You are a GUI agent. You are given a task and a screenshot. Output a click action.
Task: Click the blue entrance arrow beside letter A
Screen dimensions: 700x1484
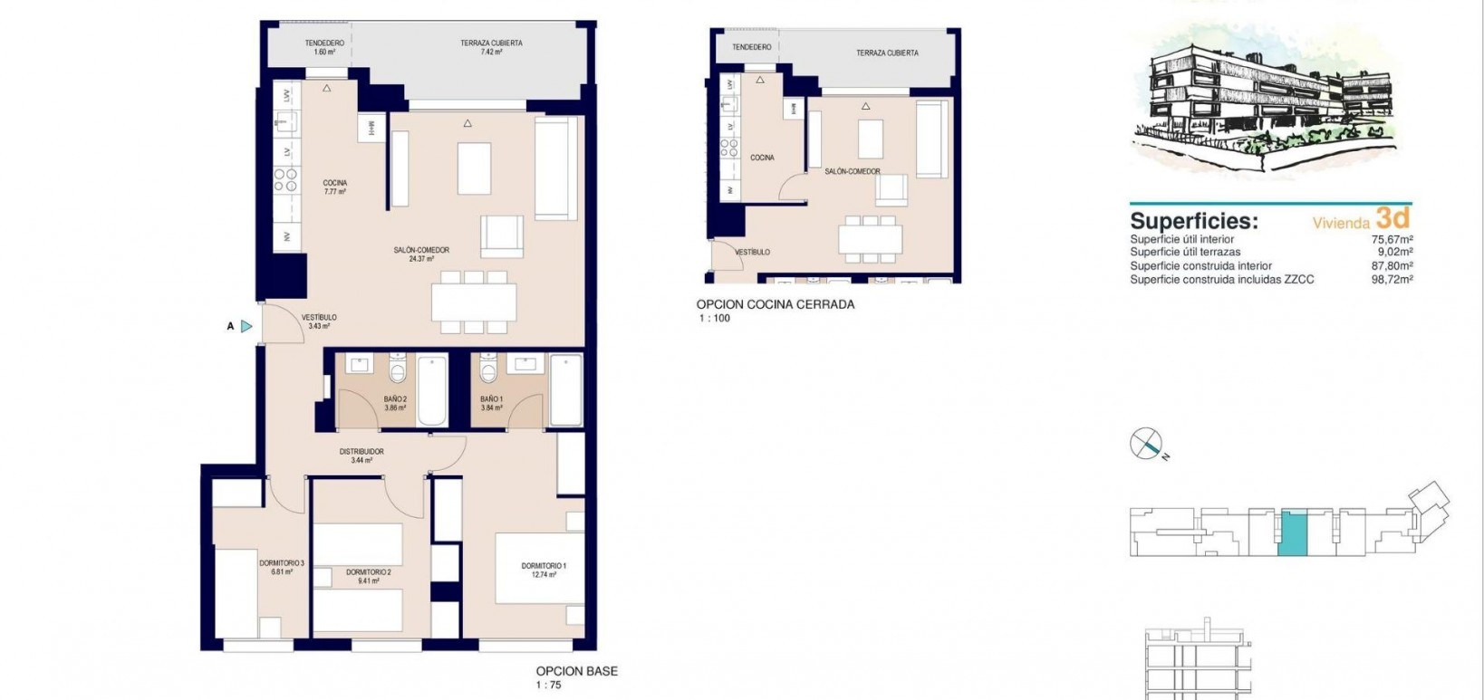pyautogui.click(x=246, y=326)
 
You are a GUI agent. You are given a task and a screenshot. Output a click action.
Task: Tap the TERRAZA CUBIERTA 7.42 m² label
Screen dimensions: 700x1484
pyautogui.click(x=491, y=47)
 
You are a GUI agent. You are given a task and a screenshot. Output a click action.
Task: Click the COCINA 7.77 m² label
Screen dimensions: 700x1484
pyautogui.click(x=335, y=187)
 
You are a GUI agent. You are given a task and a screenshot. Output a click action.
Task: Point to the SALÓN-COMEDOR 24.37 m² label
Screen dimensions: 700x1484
pyautogui.click(x=421, y=254)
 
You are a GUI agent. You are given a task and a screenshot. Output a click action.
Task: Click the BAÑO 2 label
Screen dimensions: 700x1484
pyautogui.click(x=395, y=403)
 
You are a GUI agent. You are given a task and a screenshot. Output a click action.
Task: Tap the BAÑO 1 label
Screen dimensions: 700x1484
pyautogui.click(x=491, y=403)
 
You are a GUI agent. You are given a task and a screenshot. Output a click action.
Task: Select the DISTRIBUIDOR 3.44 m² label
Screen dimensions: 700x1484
pyautogui.click(x=361, y=455)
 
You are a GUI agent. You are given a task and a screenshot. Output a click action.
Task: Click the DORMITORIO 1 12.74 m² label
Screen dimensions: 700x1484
pyautogui.click(x=544, y=570)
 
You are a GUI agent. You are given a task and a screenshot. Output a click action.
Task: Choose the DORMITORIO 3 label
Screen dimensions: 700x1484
pyautogui.click(x=281, y=568)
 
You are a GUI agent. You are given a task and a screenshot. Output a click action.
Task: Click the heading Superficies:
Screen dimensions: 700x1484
pyautogui.click(x=1193, y=221)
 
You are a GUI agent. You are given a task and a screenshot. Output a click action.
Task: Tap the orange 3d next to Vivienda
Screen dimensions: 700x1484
pyautogui.click(x=1392, y=217)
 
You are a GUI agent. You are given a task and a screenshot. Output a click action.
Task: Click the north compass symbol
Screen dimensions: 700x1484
pyautogui.click(x=1146, y=444)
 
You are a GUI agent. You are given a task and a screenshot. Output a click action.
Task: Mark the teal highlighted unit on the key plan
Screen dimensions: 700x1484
pyautogui.click(x=1293, y=532)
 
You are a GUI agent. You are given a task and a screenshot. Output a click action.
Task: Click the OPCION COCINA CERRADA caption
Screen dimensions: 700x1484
pyautogui.click(x=775, y=305)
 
